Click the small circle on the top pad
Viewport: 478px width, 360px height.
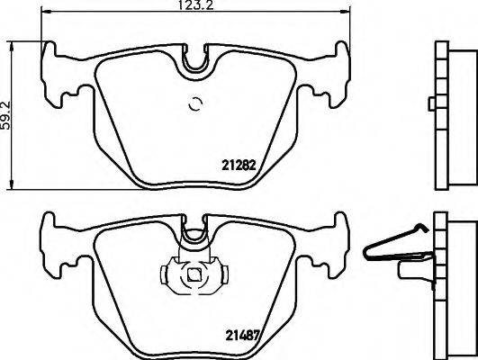click(x=194, y=104)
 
